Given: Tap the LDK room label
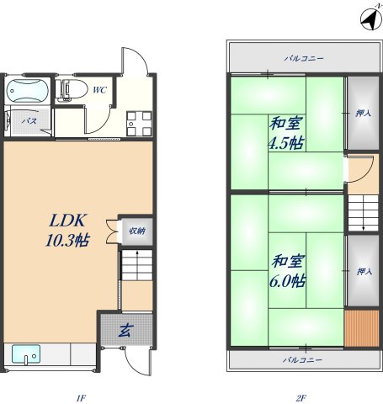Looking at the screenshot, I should point(63,221).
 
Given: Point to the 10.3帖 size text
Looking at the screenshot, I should point(66,241).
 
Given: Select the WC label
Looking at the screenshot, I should point(98,90).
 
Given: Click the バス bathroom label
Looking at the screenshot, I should point(28,121).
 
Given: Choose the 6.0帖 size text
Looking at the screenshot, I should point(285,281).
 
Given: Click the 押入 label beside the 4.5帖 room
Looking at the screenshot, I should point(364,112).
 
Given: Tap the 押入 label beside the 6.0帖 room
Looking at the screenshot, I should point(364,271).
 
